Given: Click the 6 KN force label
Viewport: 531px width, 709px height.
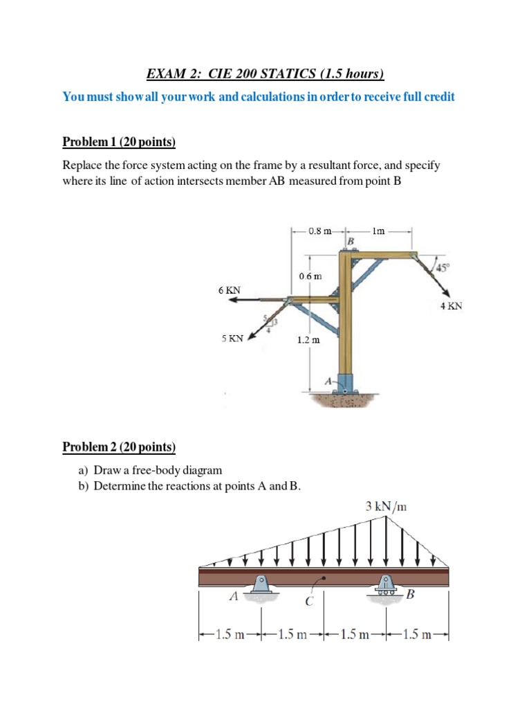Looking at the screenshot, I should coord(229,291).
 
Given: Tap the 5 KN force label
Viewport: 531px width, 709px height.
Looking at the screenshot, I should coord(232,339).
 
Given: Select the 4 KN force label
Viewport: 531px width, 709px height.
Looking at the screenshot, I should coord(451,305).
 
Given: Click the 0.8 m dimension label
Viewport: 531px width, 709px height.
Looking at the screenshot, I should coord(319,231).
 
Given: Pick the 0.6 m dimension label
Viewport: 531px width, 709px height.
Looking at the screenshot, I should coord(310,276).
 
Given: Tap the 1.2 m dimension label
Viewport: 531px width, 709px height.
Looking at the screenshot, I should coord(308,340).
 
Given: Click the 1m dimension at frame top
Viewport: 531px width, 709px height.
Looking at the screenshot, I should coord(378,231).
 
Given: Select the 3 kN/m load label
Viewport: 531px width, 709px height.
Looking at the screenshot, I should coord(386,507).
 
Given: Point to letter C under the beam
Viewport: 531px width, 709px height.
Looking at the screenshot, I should coord(309,601).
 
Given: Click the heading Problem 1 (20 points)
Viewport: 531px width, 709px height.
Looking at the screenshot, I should coord(119,143).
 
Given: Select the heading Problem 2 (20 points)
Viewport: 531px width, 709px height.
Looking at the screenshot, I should coord(119,447).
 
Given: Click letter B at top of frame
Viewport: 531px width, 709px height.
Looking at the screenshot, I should coord(351,240).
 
